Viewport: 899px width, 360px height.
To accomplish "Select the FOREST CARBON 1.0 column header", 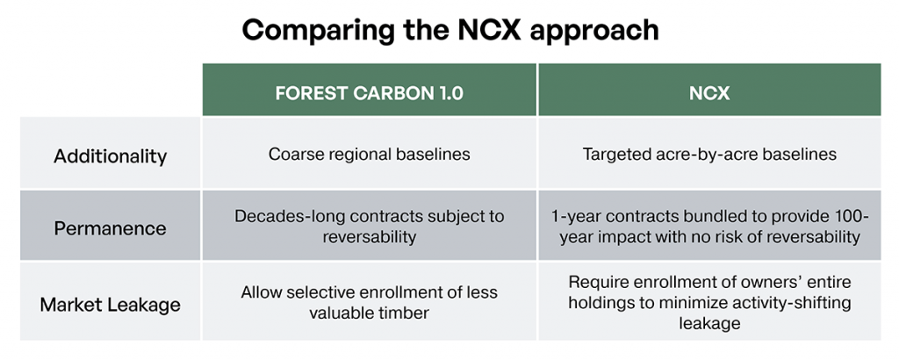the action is pos(370,93).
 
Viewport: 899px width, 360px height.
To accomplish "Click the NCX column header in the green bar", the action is pos(709,93).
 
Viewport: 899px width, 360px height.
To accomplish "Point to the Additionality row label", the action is pos(110,156).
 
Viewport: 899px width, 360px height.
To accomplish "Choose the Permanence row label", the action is pos(110,228).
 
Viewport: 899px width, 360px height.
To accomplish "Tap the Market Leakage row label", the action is pos(110,304).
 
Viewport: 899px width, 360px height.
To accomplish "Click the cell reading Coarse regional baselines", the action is pos(370,155).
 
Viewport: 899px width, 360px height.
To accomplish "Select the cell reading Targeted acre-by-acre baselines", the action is pos(709,155).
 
